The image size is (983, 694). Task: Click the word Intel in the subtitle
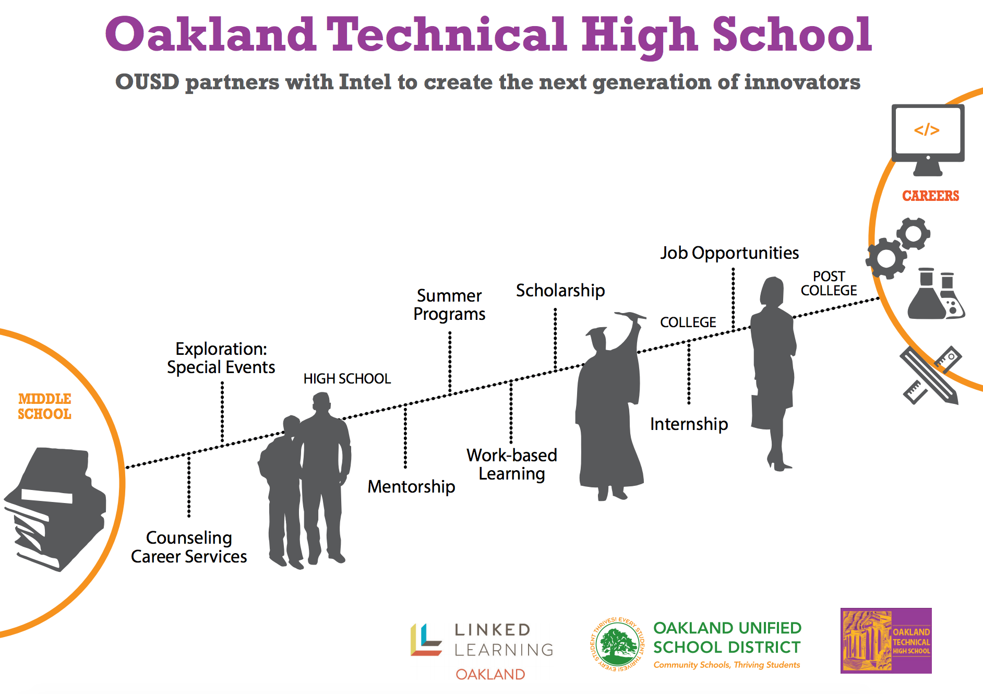365,82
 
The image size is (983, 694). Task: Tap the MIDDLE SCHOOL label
44,406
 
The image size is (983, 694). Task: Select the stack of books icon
55,509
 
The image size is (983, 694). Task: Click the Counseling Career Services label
189,547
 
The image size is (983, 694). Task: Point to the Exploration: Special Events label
221,358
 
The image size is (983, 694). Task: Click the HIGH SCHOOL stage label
347,379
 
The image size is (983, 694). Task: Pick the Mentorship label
411,486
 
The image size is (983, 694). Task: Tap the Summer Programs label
449,305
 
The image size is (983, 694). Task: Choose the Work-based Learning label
512,464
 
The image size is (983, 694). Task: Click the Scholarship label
560,290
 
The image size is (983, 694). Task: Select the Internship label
689,424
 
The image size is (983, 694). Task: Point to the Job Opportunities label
729,253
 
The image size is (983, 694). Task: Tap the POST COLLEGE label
829,283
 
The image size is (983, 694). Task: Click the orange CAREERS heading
930,196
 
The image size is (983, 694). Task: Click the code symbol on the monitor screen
927,130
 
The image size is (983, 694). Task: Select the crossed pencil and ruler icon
931,375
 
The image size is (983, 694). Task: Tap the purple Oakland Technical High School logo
886,640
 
